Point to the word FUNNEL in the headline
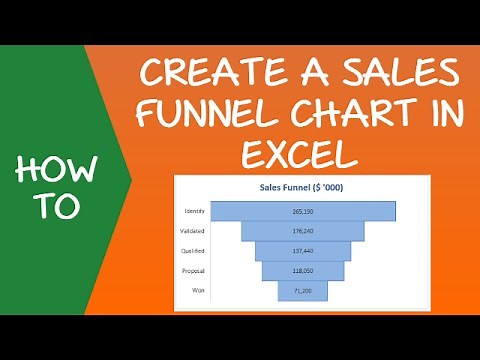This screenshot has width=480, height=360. point(206,113)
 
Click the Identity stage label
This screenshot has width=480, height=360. point(196,211)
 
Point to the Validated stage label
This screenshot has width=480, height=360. point(194,231)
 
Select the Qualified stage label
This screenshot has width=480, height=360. point(194,251)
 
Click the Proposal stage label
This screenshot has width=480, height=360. point(195,270)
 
